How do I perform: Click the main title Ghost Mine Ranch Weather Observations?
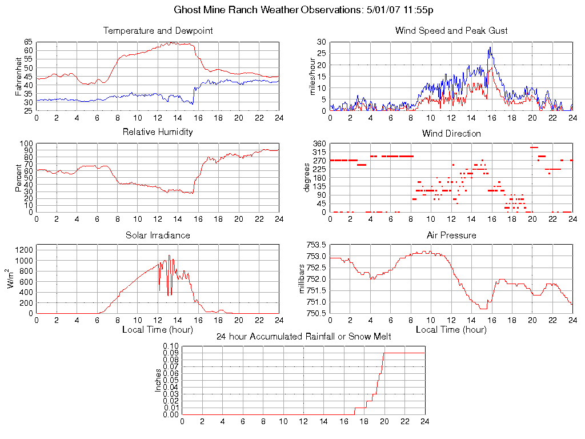point(303,10)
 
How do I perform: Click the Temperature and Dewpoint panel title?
point(158,31)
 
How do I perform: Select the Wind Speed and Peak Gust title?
point(451,31)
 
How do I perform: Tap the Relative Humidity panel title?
point(158,132)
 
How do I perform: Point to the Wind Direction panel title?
point(451,134)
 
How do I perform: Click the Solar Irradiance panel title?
point(158,236)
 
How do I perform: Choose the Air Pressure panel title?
point(451,236)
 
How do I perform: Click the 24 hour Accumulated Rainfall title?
point(303,337)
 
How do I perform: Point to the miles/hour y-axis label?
point(312,76)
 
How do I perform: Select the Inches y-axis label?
point(158,380)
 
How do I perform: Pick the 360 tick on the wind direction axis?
point(319,143)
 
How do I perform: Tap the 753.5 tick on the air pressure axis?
point(316,245)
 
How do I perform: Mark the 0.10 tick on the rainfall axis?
point(171,346)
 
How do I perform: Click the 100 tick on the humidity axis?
point(27,143)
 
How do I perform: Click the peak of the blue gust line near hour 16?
point(490,47)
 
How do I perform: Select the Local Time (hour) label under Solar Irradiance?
point(158,329)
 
